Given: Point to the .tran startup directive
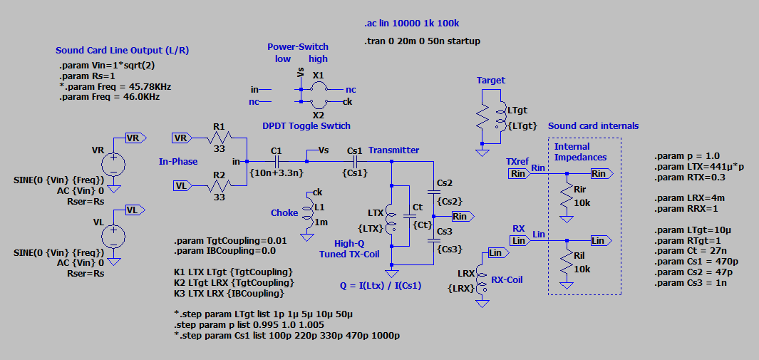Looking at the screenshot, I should [x=422, y=41].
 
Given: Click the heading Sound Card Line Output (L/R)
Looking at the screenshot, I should [x=122, y=51].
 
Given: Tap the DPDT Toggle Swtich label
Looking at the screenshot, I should [x=306, y=125].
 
